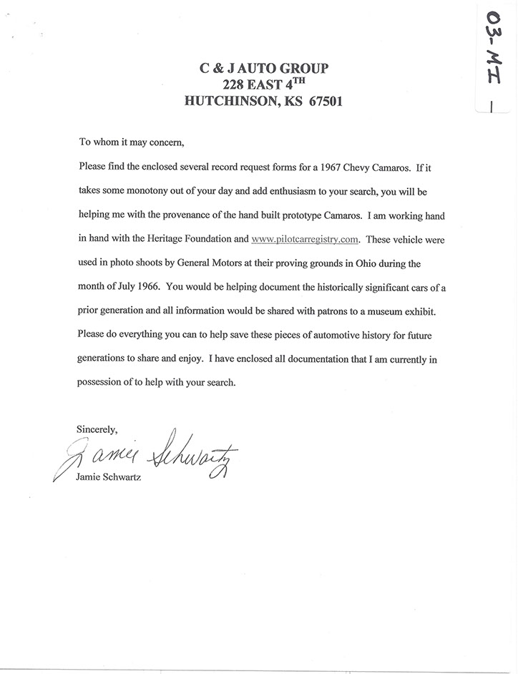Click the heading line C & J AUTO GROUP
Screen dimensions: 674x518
pyautogui.click(x=263, y=69)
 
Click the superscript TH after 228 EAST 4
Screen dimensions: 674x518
pyautogui.click(x=313, y=81)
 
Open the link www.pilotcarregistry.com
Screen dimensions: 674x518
pyautogui.click(x=303, y=240)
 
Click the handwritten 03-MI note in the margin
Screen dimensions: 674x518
pyautogui.click(x=493, y=57)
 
